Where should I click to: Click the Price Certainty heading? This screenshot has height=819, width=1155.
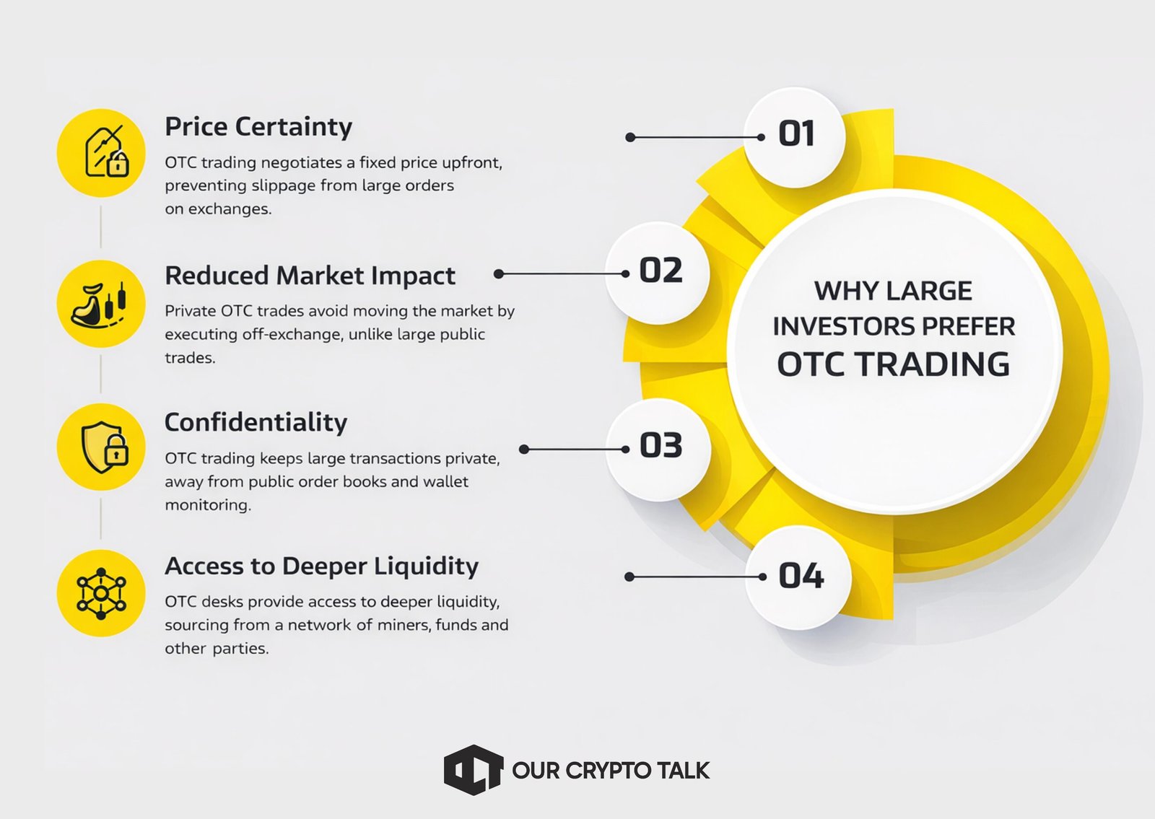click(x=258, y=127)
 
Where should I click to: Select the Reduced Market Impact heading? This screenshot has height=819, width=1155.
click(x=310, y=276)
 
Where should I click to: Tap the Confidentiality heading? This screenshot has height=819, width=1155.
click(x=256, y=423)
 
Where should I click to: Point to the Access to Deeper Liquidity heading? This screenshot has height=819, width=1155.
click(x=322, y=566)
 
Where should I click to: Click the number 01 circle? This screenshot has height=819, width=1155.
click(x=795, y=137)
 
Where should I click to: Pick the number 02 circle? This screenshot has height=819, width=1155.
click(x=658, y=273)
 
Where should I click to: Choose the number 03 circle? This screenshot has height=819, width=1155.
click(x=658, y=450)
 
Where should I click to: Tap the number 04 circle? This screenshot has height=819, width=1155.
click(x=798, y=577)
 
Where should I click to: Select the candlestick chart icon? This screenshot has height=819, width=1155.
click(x=100, y=304)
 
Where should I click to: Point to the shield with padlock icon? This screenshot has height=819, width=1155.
click(x=105, y=447)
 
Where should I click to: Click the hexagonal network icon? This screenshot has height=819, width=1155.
click(x=101, y=594)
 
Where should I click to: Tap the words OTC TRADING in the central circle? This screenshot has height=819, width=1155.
click(x=893, y=364)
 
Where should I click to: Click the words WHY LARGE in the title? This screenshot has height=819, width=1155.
click(x=893, y=291)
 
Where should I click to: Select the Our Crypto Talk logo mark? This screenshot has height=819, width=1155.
click(x=474, y=769)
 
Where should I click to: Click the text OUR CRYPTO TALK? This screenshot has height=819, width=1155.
click(x=611, y=771)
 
